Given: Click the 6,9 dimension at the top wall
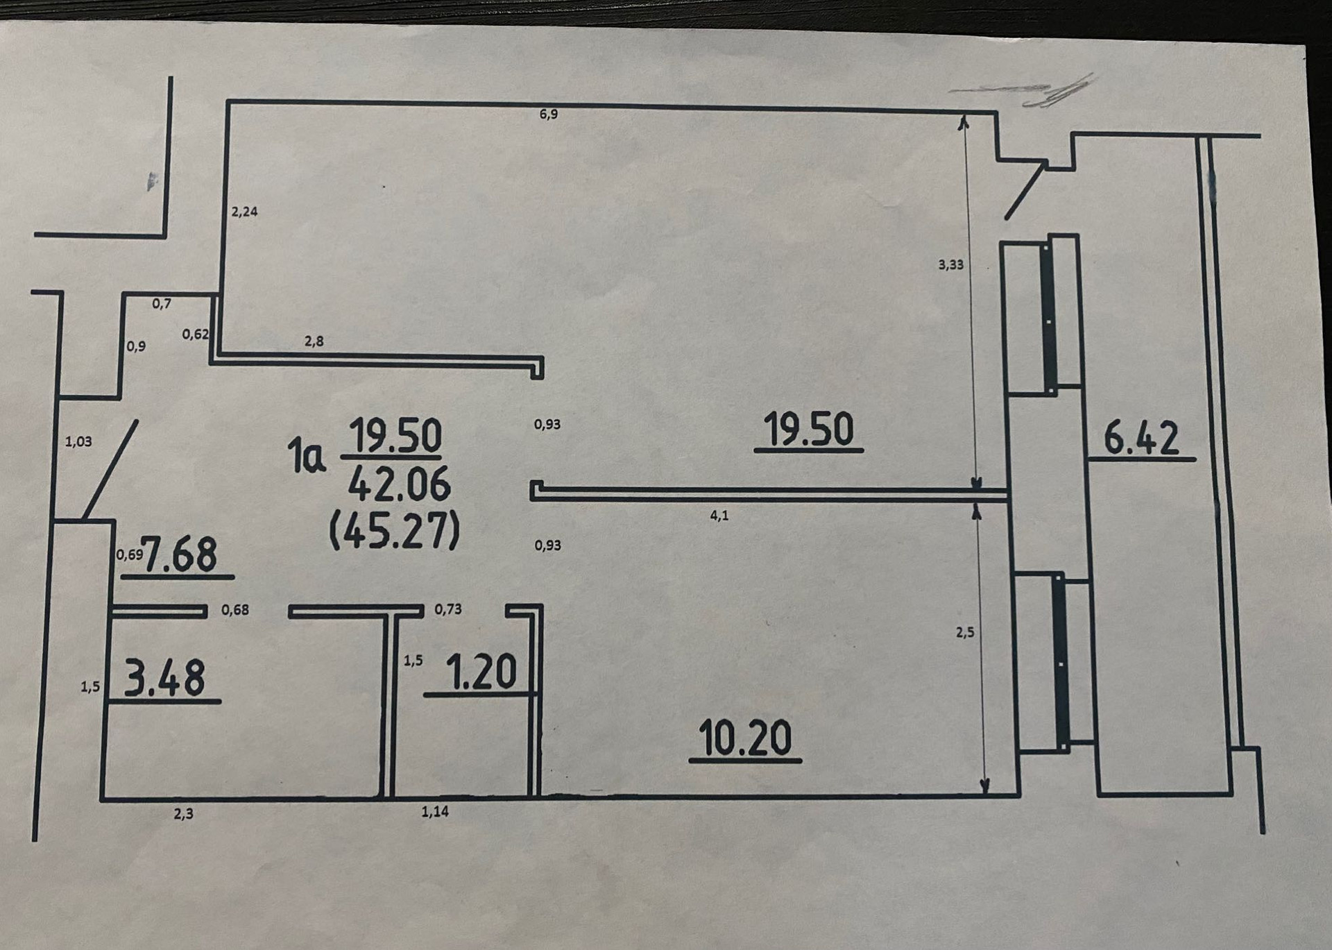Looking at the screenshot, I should point(548,114).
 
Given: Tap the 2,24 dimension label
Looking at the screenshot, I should point(244,212).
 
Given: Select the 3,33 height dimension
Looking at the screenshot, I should point(950,264).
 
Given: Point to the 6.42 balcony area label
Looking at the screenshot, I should point(1141,439).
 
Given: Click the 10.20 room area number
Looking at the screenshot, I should point(744,738).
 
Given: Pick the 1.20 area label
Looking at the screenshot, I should point(481,672).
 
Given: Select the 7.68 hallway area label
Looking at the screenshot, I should point(180,554).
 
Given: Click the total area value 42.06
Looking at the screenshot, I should point(399,484).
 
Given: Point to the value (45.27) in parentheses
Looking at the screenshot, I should point(394,532).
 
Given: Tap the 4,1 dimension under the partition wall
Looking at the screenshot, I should point(719,516).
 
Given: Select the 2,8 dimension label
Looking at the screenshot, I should point(314,341).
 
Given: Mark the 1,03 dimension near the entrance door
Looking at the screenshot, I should point(78,441).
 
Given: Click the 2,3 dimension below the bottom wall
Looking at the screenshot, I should point(184,814).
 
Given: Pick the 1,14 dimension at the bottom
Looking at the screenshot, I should point(435,811).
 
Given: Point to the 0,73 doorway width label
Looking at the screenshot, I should point(448,609).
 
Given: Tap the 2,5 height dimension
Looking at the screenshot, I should point(965,632).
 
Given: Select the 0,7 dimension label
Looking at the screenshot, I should point(162,303).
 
